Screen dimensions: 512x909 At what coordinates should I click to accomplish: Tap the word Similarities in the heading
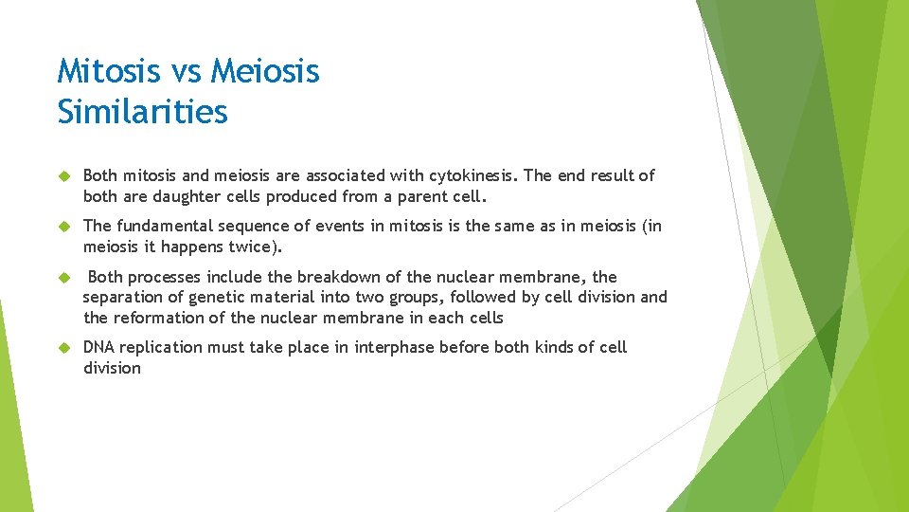(143, 112)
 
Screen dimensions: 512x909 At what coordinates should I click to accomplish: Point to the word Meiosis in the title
(266, 71)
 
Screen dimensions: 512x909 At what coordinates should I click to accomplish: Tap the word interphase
(395, 347)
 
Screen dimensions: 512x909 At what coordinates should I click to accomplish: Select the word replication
(161, 347)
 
